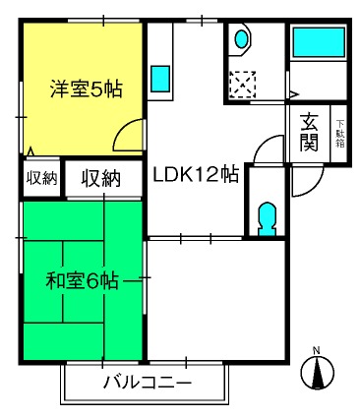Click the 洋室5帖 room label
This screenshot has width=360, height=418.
click(x=86, y=89)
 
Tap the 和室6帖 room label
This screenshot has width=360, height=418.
click(x=82, y=281)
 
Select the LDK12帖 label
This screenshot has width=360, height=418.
click(x=196, y=174)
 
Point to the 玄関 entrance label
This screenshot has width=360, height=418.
click(x=309, y=132)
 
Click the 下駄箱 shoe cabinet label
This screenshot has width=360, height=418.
click(x=339, y=134)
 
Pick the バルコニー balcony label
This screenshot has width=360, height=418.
click(x=148, y=383)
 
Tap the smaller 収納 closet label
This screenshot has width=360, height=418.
click(x=41, y=178)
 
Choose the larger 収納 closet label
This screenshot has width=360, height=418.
click(x=101, y=178)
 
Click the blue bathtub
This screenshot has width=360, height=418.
click(x=319, y=42)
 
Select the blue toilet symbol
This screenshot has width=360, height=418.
click(x=267, y=218)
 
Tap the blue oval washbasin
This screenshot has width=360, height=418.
click(x=242, y=38)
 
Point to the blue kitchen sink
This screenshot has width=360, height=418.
click(x=160, y=79)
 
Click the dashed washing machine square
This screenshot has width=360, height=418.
click(x=243, y=85)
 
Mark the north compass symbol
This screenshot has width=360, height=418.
click(x=318, y=373)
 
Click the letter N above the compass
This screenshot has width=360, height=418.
click(x=316, y=350)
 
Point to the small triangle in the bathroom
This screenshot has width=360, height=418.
click(x=294, y=94)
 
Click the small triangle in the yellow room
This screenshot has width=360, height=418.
click(x=30, y=151)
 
